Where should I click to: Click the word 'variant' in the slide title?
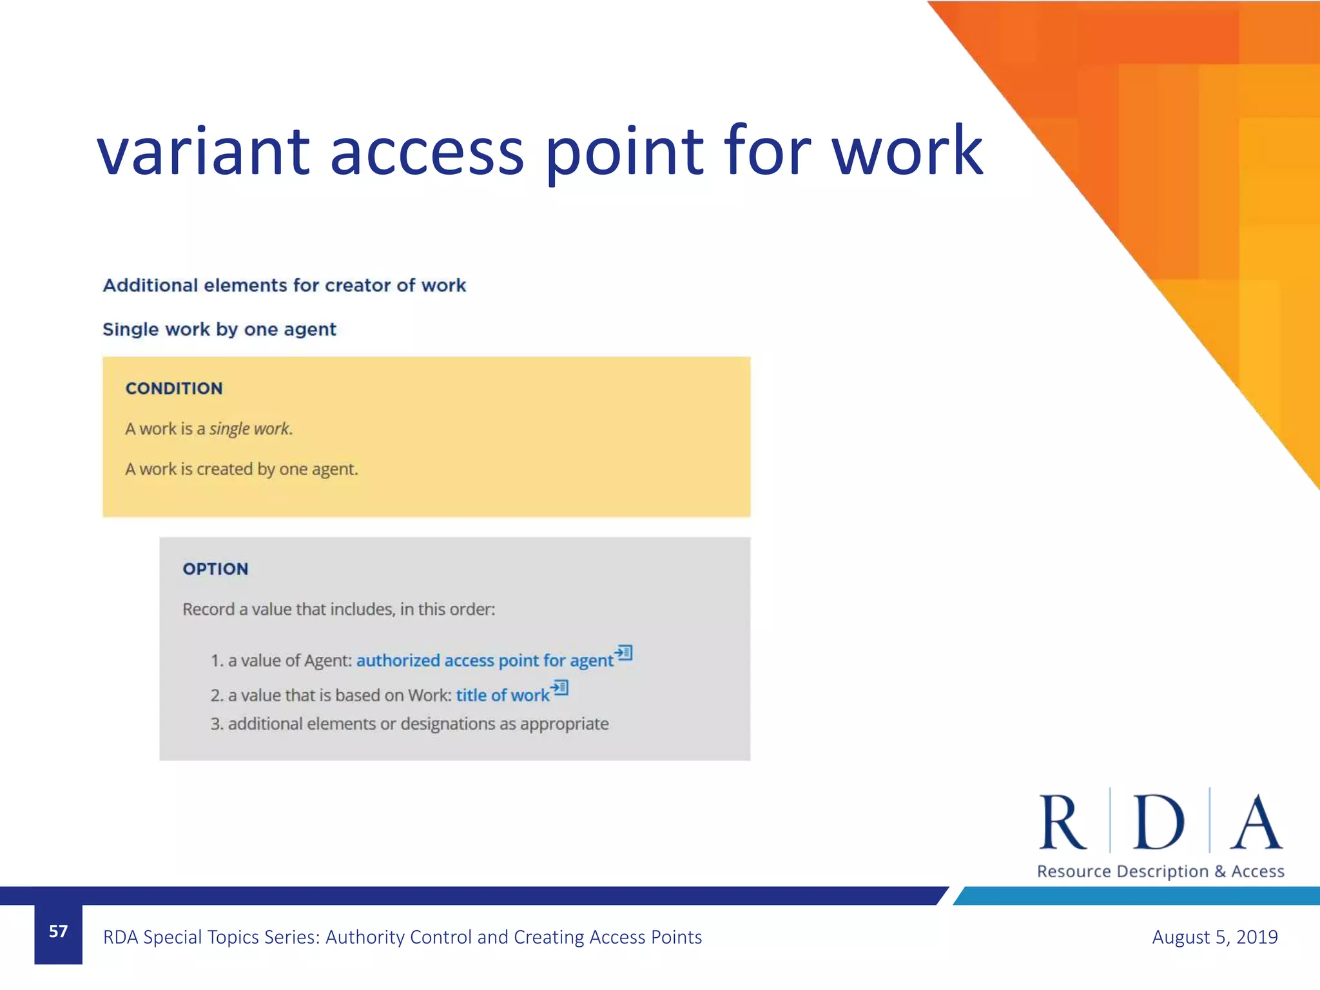pos(204,151)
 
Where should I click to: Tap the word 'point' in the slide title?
pos(624,151)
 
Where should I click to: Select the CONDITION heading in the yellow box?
pos(174,389)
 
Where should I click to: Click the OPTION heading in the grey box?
pos(215,569)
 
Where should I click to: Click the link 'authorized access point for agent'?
pos(485,661)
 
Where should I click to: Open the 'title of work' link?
pos(503,695)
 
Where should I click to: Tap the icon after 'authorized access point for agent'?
pos(623,653)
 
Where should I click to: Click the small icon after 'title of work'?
pos(559,688)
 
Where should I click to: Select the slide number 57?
pos(58,931)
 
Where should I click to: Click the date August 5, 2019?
pos(1214,937)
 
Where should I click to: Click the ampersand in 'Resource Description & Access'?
pos(1219,871)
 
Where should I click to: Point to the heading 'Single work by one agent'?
pos(219,329)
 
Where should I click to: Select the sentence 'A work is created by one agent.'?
pos(241,469)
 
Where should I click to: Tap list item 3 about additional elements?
pos(409,724)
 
